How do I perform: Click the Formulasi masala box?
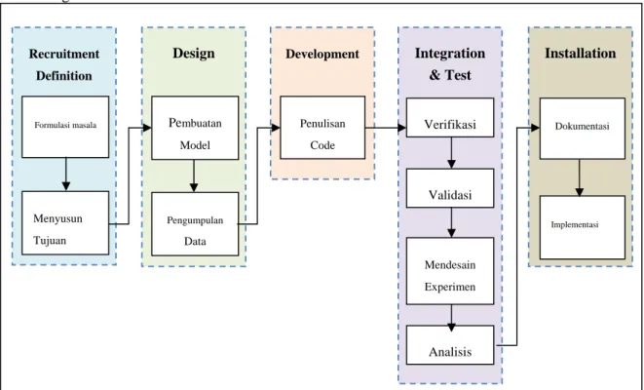coord(65,127)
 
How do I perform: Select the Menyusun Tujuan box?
coord(65,222)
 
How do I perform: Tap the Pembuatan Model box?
coord(195,128)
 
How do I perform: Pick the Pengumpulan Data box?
coord(195,224)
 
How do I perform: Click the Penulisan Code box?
coord(322,128)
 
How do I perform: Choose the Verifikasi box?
coord(450,118)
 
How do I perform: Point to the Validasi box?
coord(450,188)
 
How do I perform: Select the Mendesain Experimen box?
coord(450,271)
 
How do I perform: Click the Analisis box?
coord(450,345)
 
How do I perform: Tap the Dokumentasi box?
coord(583,129)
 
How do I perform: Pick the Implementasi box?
coord(583,227)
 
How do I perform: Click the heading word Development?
coord(322,54)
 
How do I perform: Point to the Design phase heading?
coord(194,54)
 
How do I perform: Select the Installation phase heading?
coord(581,53)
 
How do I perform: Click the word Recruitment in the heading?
coord(64,54)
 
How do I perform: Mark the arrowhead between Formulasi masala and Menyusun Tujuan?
coord(65,186)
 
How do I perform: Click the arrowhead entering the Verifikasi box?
coord(401,128)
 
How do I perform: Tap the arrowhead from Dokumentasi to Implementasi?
coord(580,191)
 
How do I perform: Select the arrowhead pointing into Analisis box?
coord(451,328)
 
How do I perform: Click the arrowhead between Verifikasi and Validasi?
coord(451,164)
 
